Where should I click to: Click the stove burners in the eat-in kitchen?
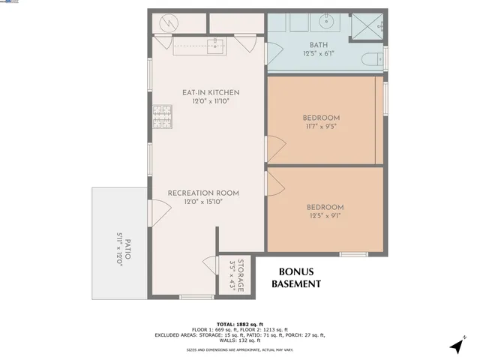coord(161,115)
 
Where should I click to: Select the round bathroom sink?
coord(327,22)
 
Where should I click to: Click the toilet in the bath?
coord(371,59)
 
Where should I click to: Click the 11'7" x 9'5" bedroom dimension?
coord(321,127)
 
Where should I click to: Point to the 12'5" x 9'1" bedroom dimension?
coord(325,217)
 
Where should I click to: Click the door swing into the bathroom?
coord(274,52)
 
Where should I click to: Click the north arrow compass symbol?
coord(457,344)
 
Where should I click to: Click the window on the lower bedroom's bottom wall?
coord(353,254)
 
